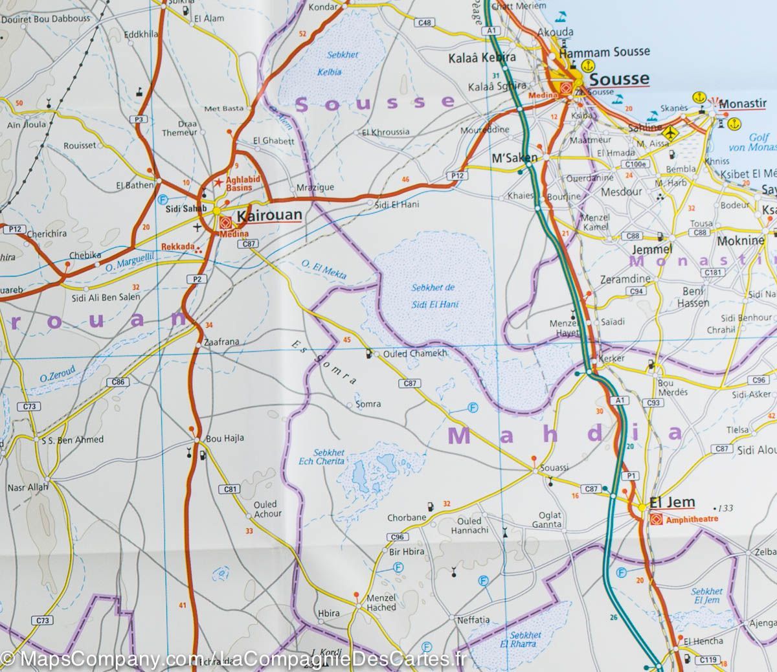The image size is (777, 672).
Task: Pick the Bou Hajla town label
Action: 224,438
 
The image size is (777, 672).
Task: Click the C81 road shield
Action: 229,489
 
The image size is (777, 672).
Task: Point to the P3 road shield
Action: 139,118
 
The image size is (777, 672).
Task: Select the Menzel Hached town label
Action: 381,603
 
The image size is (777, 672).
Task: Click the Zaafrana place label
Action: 221,341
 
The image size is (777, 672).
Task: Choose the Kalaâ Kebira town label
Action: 482,58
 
